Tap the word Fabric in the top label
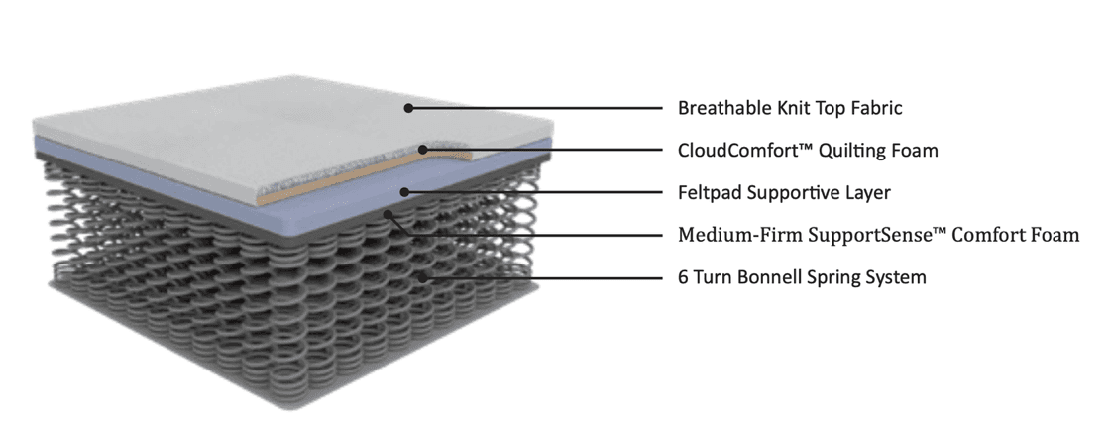click(x=874, y=108)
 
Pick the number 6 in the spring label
click(x=683, y=278)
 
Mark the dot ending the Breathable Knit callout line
click(x=407, y=108)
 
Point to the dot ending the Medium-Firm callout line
click(x=389, y=211)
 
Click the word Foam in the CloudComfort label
click(x=915, y=151)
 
